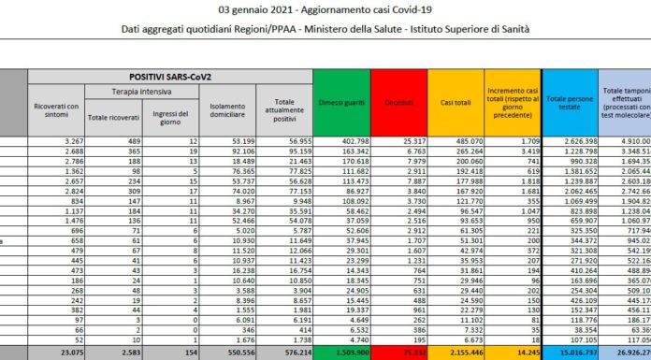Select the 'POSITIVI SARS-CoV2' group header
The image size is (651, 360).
[x=167, y=75]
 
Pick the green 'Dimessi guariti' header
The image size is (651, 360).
[x=340, y=104]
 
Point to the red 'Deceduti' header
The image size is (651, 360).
[x=397, y=104]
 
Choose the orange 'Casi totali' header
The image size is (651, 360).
[x=454, y=104]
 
